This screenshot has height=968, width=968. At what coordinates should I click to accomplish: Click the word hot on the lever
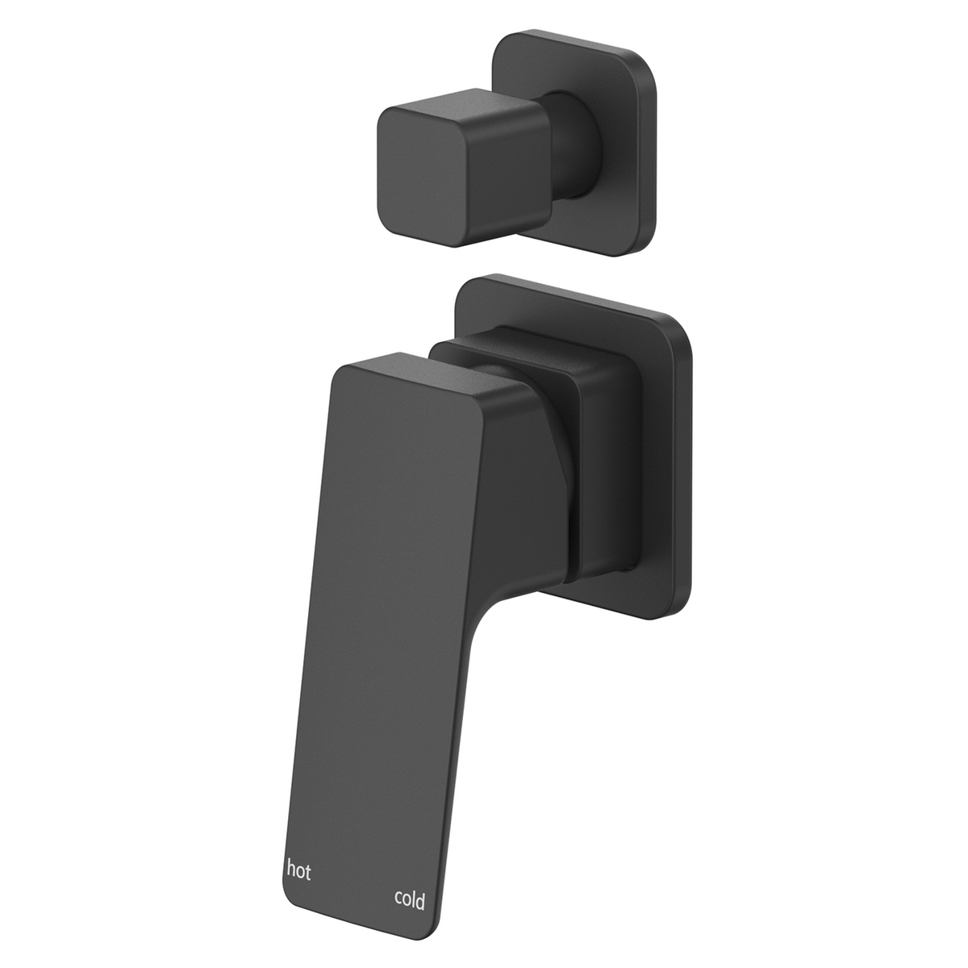click(298, 870)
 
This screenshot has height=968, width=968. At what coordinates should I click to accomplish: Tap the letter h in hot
click(290, 870)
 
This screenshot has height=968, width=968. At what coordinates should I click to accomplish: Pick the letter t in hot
click(308, 871)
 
